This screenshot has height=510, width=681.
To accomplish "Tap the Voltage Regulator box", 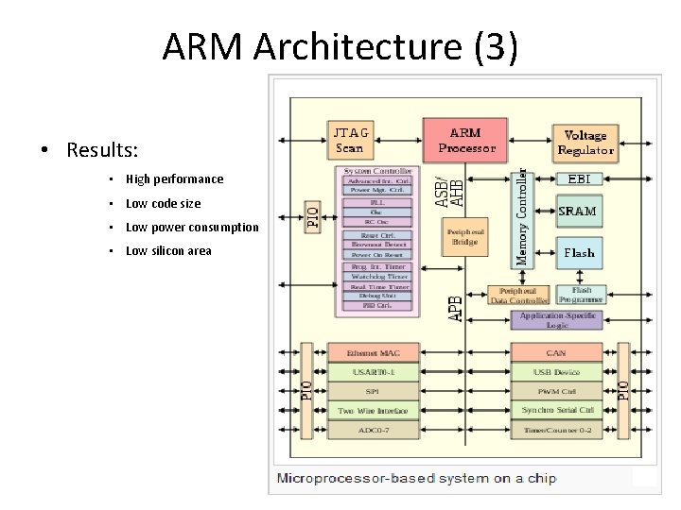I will pyautogui.click(x=585, y=142).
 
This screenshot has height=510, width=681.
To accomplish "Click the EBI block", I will pyautogui.click(x=578, y=178).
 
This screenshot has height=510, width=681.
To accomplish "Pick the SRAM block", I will pyautogui.click(x=578, y=211).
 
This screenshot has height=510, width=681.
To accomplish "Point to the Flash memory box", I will pyautogui.click(x=578, y=252).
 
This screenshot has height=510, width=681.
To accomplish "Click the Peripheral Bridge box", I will pyautogui.click(x=464, y=236).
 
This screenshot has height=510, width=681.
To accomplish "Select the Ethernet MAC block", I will pyautogui.click(x=373, y=353).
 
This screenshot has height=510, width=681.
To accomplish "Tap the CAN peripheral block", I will pyautogui.click(x=556, y=353).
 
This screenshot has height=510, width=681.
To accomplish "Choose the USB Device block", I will pyautogui.click(x=556, y=372).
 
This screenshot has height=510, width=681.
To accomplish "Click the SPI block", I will pyautogui.click(x=373, y=390).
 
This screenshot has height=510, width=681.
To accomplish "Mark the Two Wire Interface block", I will pyautogui.click(x=373, y=410).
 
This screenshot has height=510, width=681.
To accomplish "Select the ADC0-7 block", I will pyautogui.click(x=373, y=430).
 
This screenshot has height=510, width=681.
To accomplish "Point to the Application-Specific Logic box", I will pyautogui.click(x=556, y=319).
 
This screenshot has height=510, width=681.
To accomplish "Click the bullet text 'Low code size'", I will pyautogui.click(x=163, y=203).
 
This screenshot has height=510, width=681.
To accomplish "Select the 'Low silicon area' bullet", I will pyautogui.click(x=168, y=250).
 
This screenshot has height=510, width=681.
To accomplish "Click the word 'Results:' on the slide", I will pyautogui.click(x=102, y=150).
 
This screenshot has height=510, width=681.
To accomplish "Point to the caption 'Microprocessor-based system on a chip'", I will pyautogui.click(x=416, y=478).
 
